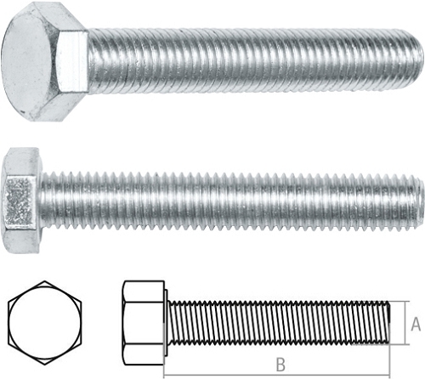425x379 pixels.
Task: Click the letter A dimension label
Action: pyautogui.click(x=416, y=324)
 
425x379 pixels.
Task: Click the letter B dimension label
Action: pyautogui.click(x=280, y=365)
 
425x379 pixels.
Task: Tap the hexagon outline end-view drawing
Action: pyautogui.click(x=45, y=323)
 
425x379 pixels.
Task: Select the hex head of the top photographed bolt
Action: pyautogui.click(x=44, y=61)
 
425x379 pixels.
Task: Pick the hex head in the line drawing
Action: pyautogui.click(x=143, y=323)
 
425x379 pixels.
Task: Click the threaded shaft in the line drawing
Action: pyautogui.click(x=279, y=323)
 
